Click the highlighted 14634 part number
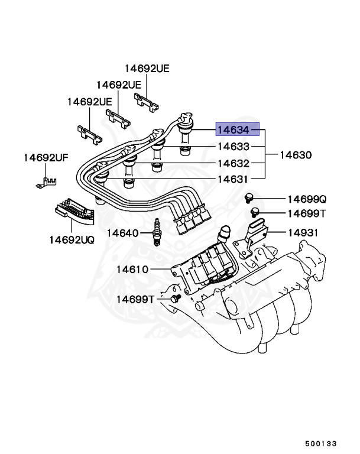coord(238,129)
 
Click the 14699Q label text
coord(307,200)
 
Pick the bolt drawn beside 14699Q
coord(249,197)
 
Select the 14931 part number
coord(303,233)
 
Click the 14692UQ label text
coord(72,240)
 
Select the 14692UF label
coord(46,158)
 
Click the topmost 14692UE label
coord(147,69)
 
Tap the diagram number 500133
coord(321,442)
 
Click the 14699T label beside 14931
coord(307,213)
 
